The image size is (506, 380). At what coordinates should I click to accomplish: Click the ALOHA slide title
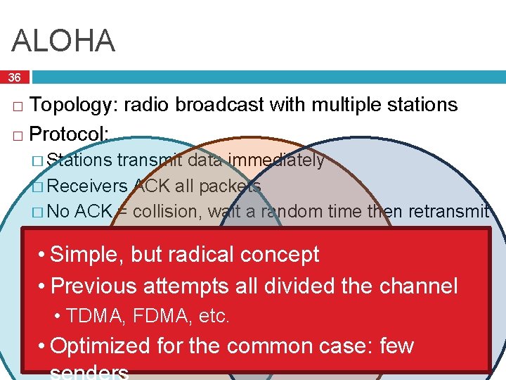63,42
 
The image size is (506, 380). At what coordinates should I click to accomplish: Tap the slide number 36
15,77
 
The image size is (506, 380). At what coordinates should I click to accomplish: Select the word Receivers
88,186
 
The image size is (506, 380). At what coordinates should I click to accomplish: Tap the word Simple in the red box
87,254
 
